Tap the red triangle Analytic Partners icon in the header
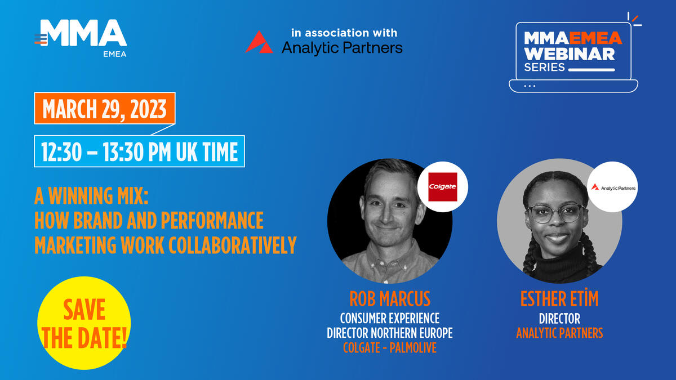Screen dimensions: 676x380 click(x=259, y=42)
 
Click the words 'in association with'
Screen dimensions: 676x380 click(x=344, y=33)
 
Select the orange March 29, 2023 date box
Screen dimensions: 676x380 click(x=105, y=108)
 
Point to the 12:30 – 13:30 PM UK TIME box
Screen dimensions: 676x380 click(x=140, y=151)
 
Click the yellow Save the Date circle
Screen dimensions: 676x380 click(x=84, y=323)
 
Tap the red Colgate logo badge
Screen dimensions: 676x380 click(x=443, y=187)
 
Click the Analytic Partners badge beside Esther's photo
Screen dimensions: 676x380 click(x=612, y=187)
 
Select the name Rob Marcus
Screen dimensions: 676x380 click(x=390, y=299)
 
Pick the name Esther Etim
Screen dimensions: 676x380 click(x=559, y=298)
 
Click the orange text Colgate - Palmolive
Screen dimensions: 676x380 click(x=390, y=348)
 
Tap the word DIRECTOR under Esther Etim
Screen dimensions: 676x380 click(x=559, y=319)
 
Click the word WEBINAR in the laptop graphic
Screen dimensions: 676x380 click(x=570, y=54)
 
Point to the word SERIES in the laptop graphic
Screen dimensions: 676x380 click(x=544, y=67)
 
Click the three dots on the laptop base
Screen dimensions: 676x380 click(x=530, y=86)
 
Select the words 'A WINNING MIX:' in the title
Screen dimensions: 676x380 click(x=91, y=196)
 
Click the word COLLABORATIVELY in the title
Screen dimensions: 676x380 click(x=232, y=245)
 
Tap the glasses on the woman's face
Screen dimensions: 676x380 click(x=556, y=213)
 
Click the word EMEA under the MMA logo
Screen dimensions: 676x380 click(x=115, y=54)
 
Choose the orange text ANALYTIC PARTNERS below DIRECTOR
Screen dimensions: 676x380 click(x=559, y=333)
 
